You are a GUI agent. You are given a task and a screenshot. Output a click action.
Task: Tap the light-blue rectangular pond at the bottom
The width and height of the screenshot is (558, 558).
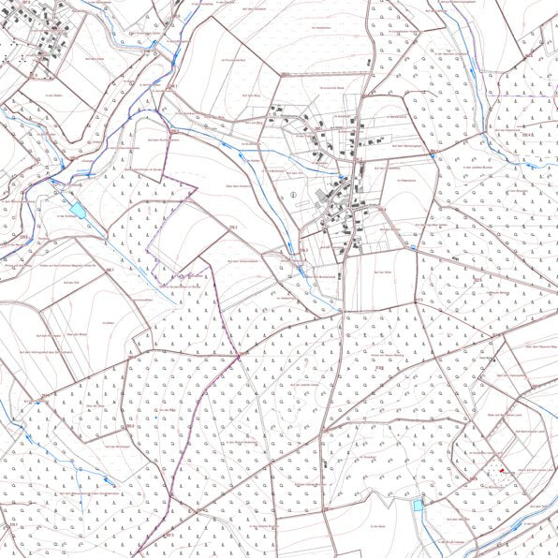click(x=418, y=506)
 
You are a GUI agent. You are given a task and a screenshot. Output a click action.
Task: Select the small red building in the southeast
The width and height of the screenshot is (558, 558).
click(x=502, y=470)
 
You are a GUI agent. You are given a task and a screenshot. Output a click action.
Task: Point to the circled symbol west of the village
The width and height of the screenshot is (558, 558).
click(x=294, y=195)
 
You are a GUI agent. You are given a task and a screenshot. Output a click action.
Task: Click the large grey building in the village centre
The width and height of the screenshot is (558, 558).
click(x=322, y=195)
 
